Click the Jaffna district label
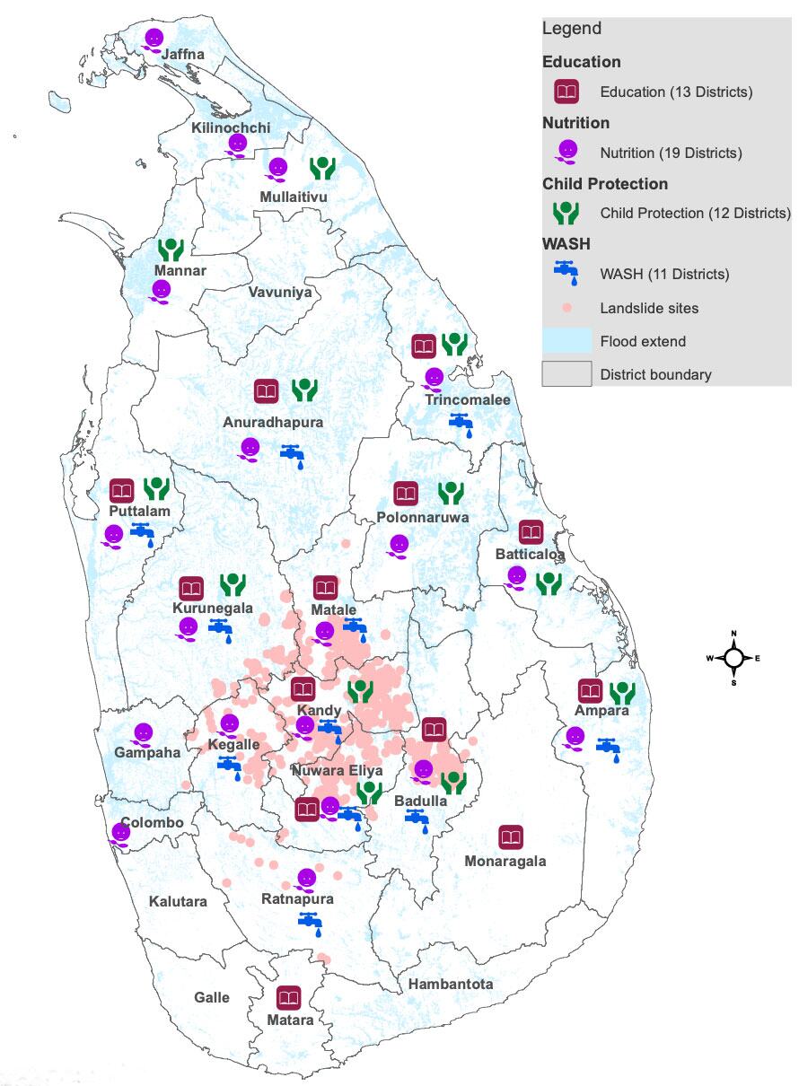(x=182, y=55)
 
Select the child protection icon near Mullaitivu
(x=322, y=168)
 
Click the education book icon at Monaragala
(x=511, y=837)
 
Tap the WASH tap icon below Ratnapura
(x=310, y=921)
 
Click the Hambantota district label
(x=451, y=984)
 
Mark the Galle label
(x=212, y=997)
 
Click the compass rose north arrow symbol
(x=734, y=658)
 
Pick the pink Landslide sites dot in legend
(x=566, y=308)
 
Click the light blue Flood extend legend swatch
(x=566, y=341)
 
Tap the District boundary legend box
(x=566, y=373)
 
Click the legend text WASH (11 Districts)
(x=664, y=274)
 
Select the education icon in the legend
(x=566, y=92)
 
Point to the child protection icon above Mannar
(x=171, y=249)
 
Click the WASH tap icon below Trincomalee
(x=461, y=423)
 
